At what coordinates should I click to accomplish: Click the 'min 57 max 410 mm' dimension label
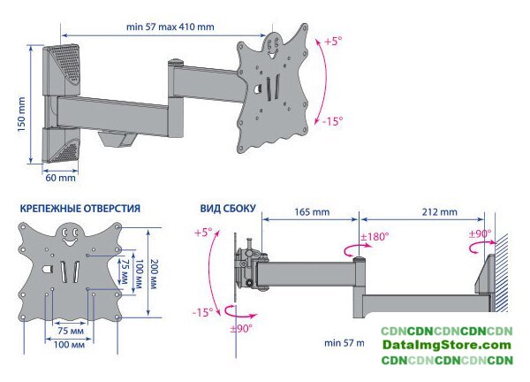coord(170,27)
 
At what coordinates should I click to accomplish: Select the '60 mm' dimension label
coord(60,178)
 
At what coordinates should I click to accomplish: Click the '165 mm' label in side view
coord(312,212)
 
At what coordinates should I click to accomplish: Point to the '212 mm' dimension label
coord(439,212)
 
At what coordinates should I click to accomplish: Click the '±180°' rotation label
coord(375,236)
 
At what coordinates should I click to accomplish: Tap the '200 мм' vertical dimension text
coord(154,274)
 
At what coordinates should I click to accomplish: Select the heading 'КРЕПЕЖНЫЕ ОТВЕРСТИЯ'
coord(80,208)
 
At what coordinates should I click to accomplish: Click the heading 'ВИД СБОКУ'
coord(228,208)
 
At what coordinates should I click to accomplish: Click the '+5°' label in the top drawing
coord(333,42)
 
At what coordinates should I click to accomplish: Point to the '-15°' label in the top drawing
coord(332,121)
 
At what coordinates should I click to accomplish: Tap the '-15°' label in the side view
coord(203,312)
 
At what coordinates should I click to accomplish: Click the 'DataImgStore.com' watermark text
coord(446,345)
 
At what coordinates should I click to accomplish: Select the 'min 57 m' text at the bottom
coord(344,343)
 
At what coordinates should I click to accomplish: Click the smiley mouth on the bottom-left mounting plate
coord(70,242)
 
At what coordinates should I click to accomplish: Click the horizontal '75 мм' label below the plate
coord(71,331)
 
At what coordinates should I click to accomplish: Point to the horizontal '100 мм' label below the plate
coord(69,345)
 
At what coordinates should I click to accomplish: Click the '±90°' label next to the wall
coord(481,233)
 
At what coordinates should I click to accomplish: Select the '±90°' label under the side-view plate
coord(241,328)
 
